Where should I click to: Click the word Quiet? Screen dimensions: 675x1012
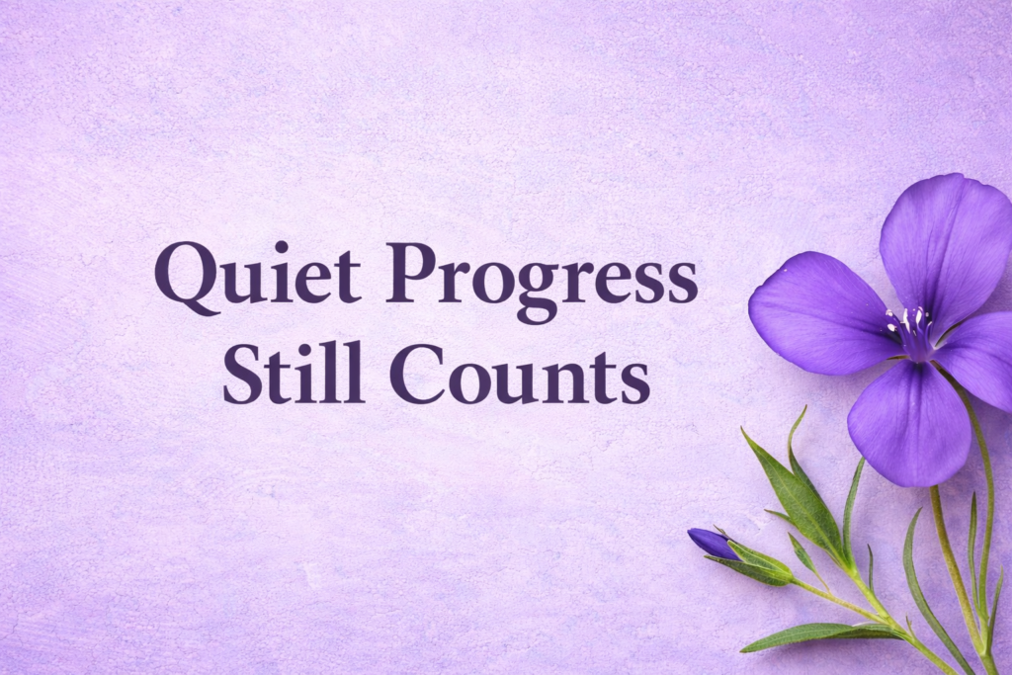[257, 275]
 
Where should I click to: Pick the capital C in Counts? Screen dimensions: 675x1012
[415, 373]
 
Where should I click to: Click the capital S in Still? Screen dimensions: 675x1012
[239, 373]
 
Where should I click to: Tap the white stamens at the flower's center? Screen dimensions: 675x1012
[911, 324]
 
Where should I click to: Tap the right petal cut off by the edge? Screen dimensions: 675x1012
[983, 356]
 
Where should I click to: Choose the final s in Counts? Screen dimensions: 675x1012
[636, 380]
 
